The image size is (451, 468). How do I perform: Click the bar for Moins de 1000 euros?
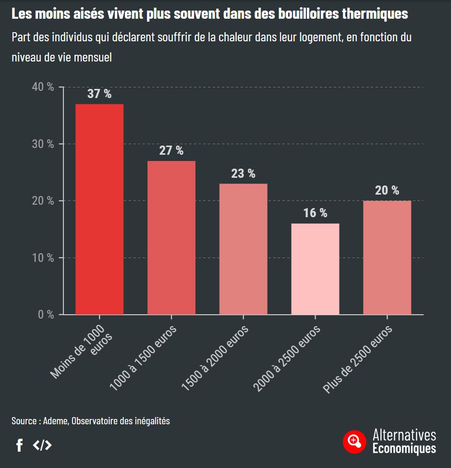[99, 209]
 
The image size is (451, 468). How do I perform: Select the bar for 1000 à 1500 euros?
[171, 237]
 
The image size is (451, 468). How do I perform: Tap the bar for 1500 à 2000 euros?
[243, 249]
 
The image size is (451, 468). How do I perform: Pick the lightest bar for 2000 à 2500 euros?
[315, 269]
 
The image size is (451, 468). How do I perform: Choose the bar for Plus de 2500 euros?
[387, 258]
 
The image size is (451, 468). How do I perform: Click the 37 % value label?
[99, 94]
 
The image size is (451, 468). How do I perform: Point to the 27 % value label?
[171, 150]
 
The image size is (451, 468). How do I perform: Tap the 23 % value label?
[243, 173]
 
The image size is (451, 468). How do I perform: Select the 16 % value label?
[315, 213]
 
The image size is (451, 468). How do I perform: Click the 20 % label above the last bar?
[387, 190]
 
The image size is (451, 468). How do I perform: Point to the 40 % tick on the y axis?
[43, 87]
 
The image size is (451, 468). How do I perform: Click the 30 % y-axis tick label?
[43, 144]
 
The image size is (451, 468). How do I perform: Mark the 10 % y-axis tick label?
[43, 258]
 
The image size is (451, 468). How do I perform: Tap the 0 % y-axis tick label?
[46, 315]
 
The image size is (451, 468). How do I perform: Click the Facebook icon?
[19, 445]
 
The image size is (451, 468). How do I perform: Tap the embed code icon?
[42, 445]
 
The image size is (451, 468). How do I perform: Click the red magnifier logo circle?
[354, 441]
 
